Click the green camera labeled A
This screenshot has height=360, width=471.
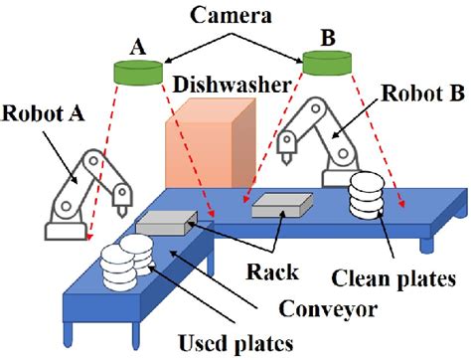pos(137,73)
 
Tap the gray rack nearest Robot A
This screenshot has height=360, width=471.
pos(161,224)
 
